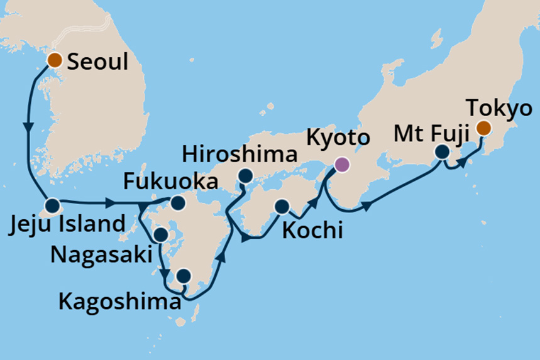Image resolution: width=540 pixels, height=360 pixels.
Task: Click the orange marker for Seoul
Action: [55, 60]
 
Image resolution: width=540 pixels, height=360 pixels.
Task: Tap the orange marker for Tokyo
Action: [483, 129]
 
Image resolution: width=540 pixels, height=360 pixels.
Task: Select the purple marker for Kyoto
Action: [341, 165]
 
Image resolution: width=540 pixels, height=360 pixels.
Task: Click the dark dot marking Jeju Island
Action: [51, 205]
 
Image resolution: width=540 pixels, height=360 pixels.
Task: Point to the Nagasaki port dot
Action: [160, 235]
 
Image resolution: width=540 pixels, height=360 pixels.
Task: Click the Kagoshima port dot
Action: [183, 276]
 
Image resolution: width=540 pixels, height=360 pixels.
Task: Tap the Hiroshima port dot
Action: [245, 176]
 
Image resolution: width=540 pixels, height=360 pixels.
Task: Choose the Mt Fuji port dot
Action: [443, 152]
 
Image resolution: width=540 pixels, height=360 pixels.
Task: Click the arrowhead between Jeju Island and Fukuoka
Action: [111, 204]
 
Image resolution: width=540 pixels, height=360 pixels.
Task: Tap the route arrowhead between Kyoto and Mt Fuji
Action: [366, 205]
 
